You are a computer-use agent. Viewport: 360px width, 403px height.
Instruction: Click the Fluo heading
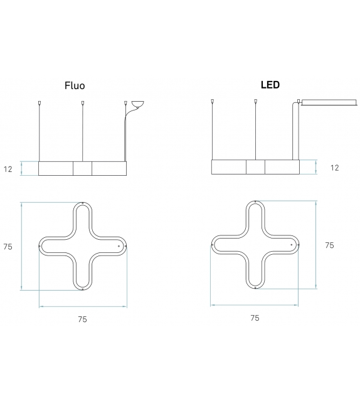pyautogui.click(x=75, y=85)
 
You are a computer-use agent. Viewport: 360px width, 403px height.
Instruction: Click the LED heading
pyautogui.click(x=270, y=84)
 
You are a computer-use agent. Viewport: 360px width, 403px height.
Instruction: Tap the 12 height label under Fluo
pyautogui.click(x=9, y=168)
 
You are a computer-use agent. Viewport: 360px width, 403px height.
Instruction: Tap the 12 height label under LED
pyautogui.click(x=334, y=168)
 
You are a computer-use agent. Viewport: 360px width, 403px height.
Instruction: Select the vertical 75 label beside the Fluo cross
pyautogui.click(x=8, y=247)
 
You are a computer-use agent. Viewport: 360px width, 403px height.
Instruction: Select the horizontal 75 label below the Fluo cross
pyautogui.click(x=82, y=319)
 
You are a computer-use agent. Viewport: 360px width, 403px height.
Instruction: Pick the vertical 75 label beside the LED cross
pyautogui.click(x=329, y=245)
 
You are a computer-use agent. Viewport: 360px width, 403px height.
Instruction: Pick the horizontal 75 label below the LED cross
pyautogui.click(x=255, y=318)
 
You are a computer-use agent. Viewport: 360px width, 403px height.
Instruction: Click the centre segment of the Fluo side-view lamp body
pyautogui.click(x=83, y=168)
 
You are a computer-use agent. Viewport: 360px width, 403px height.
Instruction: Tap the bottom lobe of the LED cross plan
pyautogui.click(x=255, y=276)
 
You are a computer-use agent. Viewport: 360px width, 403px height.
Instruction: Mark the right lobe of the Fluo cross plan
pyautogui.click(x=116, y=246)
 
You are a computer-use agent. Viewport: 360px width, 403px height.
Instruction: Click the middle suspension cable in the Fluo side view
pyautogui.click(x=83, y=132)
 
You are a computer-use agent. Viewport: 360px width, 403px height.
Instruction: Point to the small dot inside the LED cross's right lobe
pyautogui.click(x=291, y=244)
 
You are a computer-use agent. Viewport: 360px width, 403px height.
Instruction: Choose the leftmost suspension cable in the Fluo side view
pyautogui.click(x=40, y=132)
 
